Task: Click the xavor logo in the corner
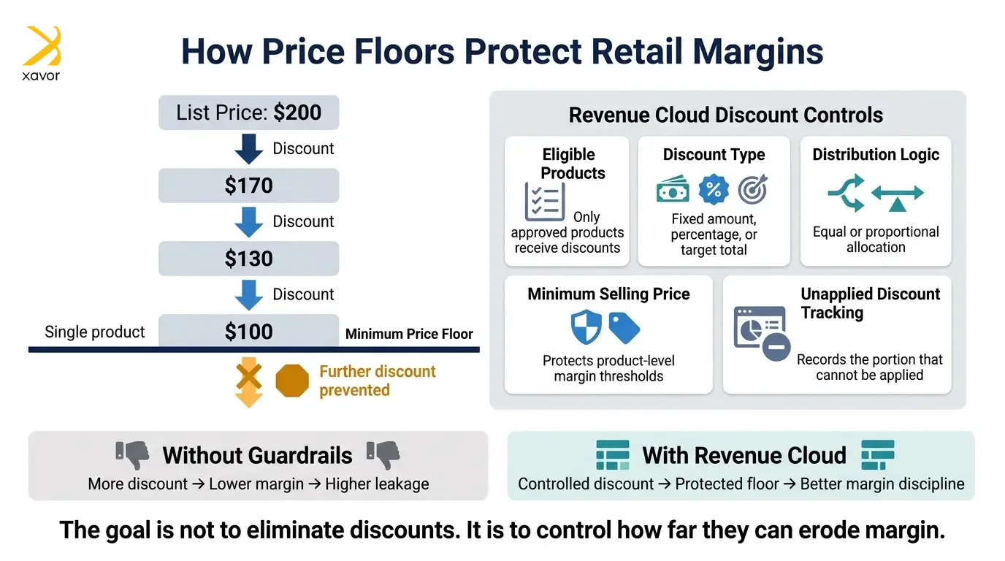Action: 42,53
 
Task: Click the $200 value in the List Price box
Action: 297,112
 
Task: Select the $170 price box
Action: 248,186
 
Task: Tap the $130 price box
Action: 248,259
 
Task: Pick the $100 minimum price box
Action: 248,331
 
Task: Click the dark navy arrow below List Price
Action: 249,148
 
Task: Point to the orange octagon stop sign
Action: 292,381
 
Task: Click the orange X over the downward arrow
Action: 249,376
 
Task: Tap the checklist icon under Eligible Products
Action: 545,202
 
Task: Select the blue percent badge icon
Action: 714,189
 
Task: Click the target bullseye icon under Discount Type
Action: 753,189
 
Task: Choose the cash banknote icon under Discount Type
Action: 673,189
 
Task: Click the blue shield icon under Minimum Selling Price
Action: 586,327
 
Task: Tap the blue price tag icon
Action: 624,328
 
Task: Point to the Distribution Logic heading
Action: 875,154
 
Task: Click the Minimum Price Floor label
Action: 409,334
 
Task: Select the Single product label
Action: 95,332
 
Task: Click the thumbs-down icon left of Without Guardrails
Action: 132,455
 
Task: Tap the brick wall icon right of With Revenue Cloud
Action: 878,454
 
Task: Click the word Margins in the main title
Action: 758,52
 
